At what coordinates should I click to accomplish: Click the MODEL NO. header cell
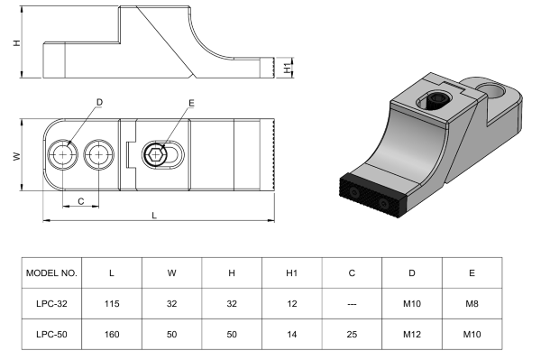(x=51, y=273)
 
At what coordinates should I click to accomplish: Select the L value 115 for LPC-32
(x=112, y=304)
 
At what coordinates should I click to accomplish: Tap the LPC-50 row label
(x=51, y=334)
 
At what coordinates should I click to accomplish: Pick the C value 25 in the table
(x=352, y=334)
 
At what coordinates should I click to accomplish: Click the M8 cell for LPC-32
(x=472, y=304)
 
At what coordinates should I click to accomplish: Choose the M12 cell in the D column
(x=412, y=334)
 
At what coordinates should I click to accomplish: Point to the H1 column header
(x=291, y=273)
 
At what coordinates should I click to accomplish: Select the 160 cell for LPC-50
(x=112, y=334)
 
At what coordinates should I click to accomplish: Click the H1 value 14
(x=291, y=334)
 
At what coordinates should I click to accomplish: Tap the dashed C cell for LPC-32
(x=352, y=304)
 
